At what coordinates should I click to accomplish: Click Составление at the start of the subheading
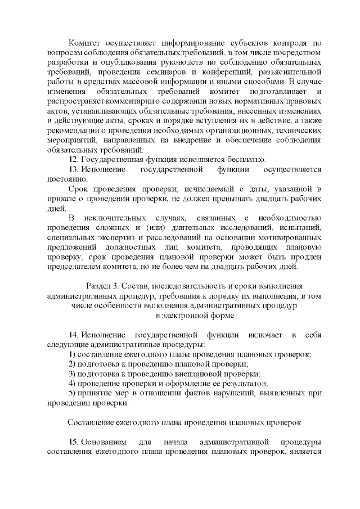pos(93,422)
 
